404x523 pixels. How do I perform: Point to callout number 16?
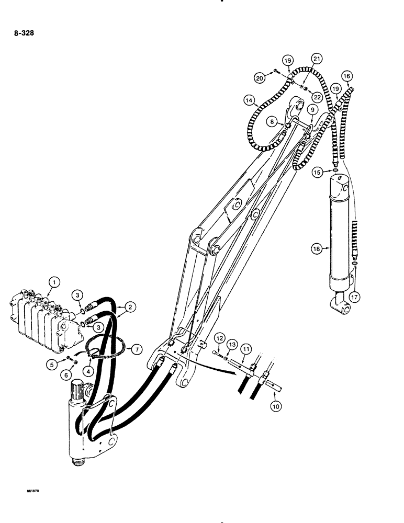(346, 76)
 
